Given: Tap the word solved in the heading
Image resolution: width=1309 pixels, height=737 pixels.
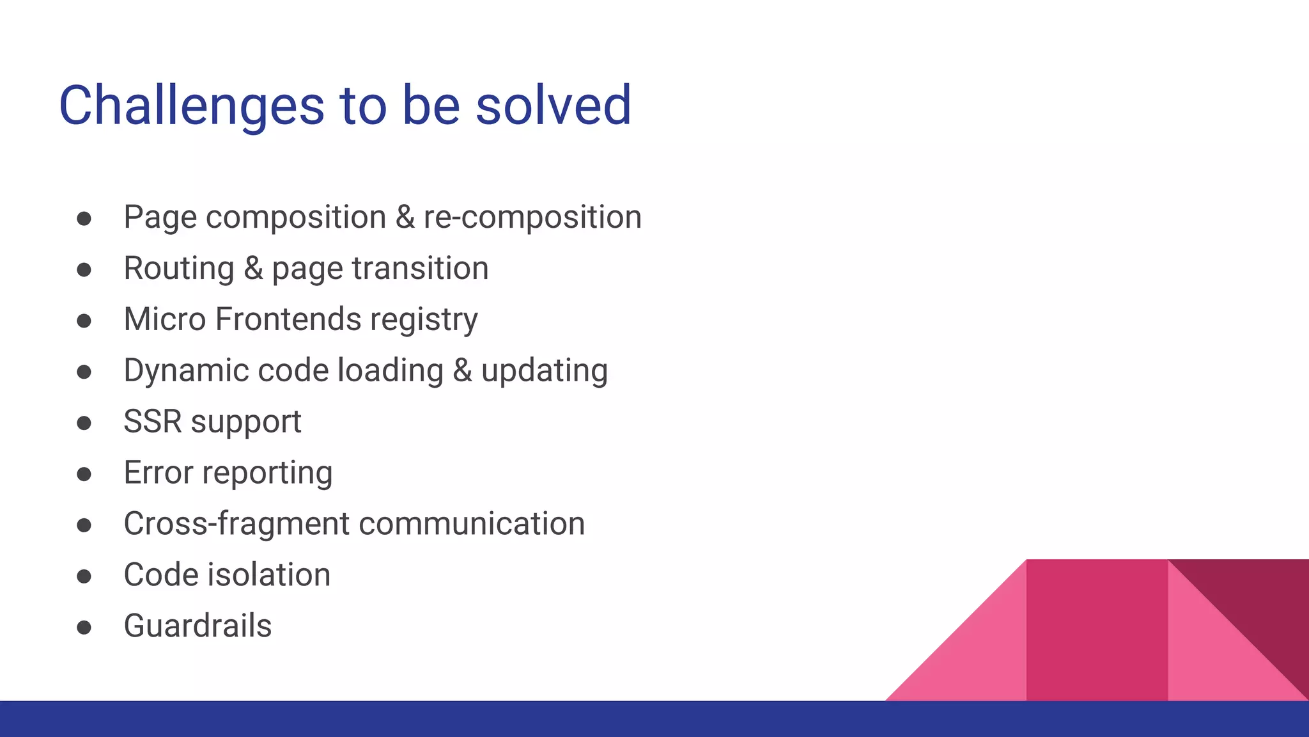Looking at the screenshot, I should pos(554,106).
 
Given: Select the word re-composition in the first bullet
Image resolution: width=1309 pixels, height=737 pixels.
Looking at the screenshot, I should pos(532,218).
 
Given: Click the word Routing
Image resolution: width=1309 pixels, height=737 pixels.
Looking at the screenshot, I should pos(179,269).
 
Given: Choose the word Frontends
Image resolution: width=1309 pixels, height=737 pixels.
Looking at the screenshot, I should pos(288,319).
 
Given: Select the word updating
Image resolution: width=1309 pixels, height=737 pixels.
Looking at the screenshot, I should pos(544,371).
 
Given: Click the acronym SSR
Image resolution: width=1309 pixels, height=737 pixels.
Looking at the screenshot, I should pos(152,422).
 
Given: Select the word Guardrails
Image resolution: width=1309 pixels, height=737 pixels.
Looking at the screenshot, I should pos(198,626).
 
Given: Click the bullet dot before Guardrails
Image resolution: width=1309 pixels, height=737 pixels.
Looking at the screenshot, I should pos(84,628).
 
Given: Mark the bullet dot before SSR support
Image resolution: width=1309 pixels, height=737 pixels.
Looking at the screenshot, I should pos(84,423).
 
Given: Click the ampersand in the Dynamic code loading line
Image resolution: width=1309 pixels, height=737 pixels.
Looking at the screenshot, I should pos(462,371).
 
